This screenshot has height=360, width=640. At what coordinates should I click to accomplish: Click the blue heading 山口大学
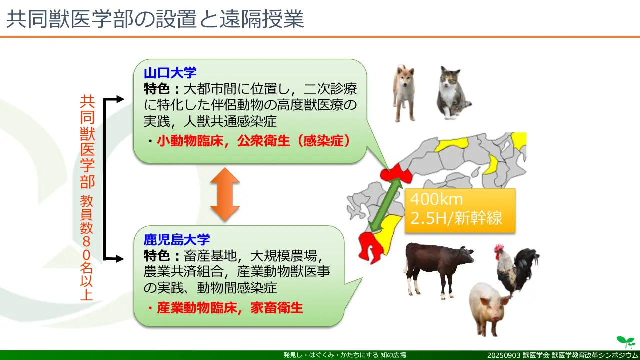click(170, 73)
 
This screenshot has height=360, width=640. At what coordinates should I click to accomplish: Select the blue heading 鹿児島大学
click(177, 239)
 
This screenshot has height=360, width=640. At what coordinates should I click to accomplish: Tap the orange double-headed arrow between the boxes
click(225, 194)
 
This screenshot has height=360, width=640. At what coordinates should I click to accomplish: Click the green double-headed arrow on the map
click(385, 205)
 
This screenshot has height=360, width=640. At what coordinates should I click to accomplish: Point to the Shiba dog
click(404, 93)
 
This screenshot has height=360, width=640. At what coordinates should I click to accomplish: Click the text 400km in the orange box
click(436, 199)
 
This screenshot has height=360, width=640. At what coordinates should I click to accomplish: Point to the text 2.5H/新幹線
click(456, 218)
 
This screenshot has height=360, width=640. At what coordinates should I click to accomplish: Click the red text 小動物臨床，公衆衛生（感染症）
click(253, 141)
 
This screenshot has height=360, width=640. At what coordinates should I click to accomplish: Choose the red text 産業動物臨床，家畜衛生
click(230, 308)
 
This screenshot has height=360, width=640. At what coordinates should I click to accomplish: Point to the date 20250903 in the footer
click(504, 355)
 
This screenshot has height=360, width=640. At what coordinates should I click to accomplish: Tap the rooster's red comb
click(499, 247)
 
